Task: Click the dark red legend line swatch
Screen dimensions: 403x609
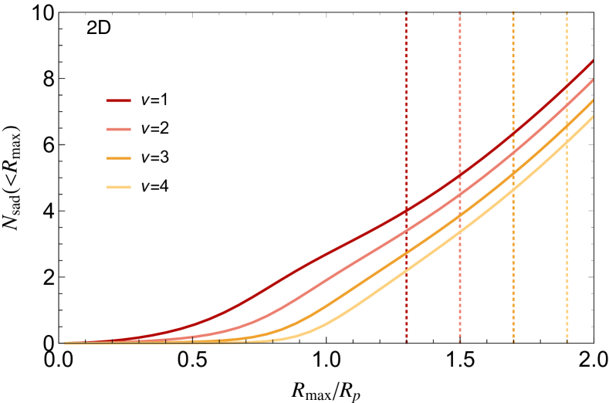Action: pyautogui.click(x=118, y=100)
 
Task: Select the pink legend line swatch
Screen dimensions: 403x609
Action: pyautogui.click(x=118, y=129)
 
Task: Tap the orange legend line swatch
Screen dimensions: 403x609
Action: pyautogui.click(x=118, y=158)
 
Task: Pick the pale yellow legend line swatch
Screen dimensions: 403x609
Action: pyautogui.click(x=118, y=187)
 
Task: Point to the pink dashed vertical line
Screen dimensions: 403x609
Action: pyautogui.click(x=460, y=93)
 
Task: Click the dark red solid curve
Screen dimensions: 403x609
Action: pyautogui.click(x=309, y=262)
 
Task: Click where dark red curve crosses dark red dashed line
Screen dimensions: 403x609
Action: pyautogui.click(x=406, y=209)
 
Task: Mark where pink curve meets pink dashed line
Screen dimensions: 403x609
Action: pyautogui.click(x=460, y=195)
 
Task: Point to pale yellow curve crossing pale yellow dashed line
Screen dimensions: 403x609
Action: pyautogui.click(x=567, y=144)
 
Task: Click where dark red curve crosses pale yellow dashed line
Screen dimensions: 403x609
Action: pyautogui.click(x=567, y=85)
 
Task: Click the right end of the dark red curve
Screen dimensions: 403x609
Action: pyautogui.click(x=593, y=60)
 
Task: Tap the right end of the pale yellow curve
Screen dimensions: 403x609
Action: pyautogui.click(x=593, y=117)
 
